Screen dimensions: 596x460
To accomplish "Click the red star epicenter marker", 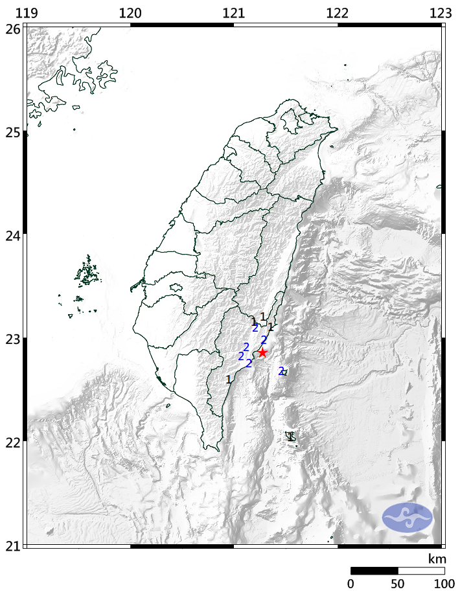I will pyautogui.click(x=262, y=352).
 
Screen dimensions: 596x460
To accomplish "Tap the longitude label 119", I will pyautogui.click(x=26, y=12).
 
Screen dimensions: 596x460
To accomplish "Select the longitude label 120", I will pyautogui.click(x=130, y=12).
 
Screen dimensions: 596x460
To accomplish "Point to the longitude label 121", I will pyautogui.click(x=234, y=12).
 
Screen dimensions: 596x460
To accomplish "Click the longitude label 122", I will pyautogui.click(x=338, y=12).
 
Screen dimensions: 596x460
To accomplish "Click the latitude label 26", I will pyautogui.click(x=12, y=29).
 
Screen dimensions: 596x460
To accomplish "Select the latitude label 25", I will pyautogui.click(x=12, y=132).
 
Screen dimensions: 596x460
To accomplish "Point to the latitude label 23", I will pyautogui.click(x=12, y=338).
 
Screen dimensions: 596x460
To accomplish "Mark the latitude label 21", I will pyautogui.click(x=12, y=545).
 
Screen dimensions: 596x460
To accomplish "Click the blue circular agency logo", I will pyautogui.click(x=407, y=517).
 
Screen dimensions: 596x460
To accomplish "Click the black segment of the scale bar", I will pyautogui.click(x=374, y=571).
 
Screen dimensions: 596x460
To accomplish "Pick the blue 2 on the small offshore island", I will pyautogui.click(x=281, y=371).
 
